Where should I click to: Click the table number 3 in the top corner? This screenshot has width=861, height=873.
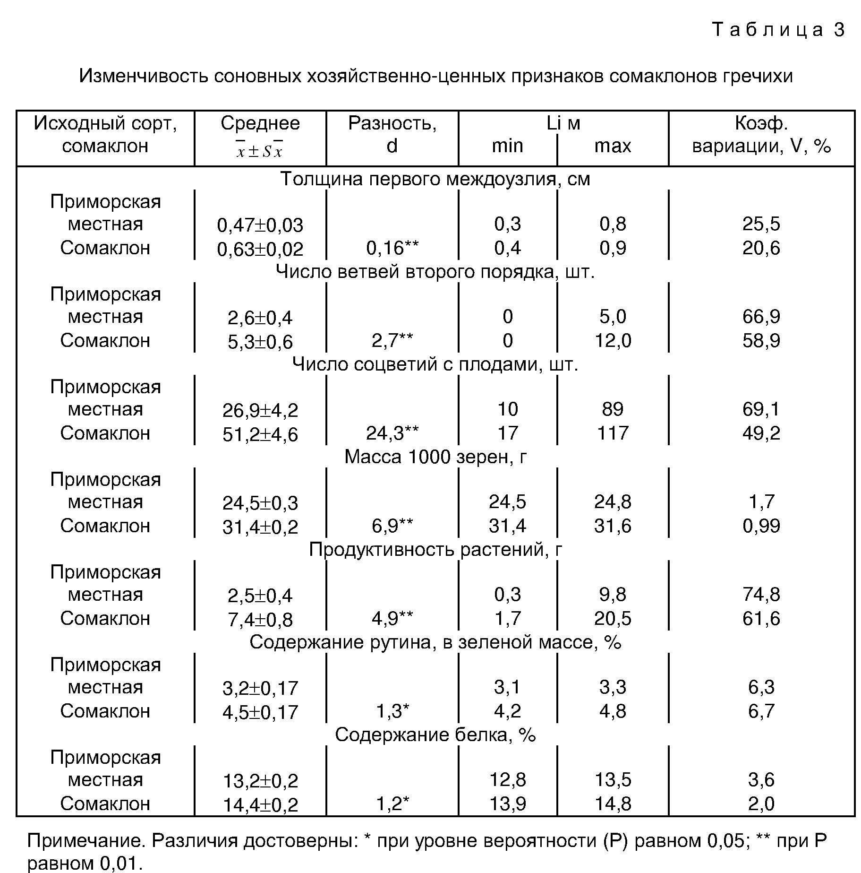[839, 30]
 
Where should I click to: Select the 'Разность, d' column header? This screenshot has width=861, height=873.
[392, 134]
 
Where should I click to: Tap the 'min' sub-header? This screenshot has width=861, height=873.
[507, 146]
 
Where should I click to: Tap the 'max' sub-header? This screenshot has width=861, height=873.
[613, 146]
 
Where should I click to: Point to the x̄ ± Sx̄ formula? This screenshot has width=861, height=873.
[260, 151]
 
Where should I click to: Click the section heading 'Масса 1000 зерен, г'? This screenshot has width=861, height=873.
[435, 457]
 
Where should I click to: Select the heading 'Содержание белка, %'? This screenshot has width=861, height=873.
[435, 735]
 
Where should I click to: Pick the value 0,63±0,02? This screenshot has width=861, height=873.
[260, 249]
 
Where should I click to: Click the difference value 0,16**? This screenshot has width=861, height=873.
[392, 248]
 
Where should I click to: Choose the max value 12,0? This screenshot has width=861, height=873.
[613, 340]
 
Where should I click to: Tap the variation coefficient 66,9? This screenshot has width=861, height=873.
[761, 316]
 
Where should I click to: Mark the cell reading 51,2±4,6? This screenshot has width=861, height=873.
[260, 434]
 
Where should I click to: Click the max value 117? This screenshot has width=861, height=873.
[613, 433]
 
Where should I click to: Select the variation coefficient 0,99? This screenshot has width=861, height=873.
[761, 526]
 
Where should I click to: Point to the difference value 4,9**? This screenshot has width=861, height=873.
[392, 618]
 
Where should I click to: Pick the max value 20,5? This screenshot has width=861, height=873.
[613, 618]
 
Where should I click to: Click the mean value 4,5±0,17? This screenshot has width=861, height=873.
[260, 712]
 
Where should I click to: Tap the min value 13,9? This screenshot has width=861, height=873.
[507, 804]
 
